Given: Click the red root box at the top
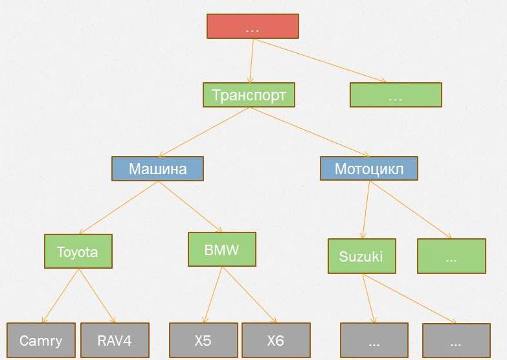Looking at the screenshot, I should tap(253, 27).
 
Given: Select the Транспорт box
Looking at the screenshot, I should tap(249, 95).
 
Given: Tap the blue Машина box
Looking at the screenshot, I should tap(157, 169).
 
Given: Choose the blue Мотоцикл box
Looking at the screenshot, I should tap(369, 169).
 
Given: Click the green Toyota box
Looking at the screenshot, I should tap(78, 251).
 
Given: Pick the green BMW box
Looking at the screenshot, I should tap(221, 249).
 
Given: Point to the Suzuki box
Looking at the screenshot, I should tap(361, 256).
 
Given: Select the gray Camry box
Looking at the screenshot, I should tap(41, 341).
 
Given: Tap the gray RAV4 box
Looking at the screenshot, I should tap(115, 341).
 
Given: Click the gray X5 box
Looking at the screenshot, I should tap(203, 341).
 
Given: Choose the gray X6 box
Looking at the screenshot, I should tap(276, 341).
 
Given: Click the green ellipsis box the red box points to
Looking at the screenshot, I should tap(396, 95).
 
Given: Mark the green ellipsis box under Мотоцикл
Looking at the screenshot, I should tap(451, 256).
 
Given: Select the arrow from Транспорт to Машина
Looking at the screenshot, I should tap(203, 132).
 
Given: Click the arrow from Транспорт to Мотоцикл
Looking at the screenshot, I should tap(309, 132).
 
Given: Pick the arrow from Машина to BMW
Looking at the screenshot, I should tap(190, 207).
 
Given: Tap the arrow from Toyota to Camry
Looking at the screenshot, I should tap(60, 296).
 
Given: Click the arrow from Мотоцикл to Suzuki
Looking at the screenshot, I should tap(366, 210).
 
